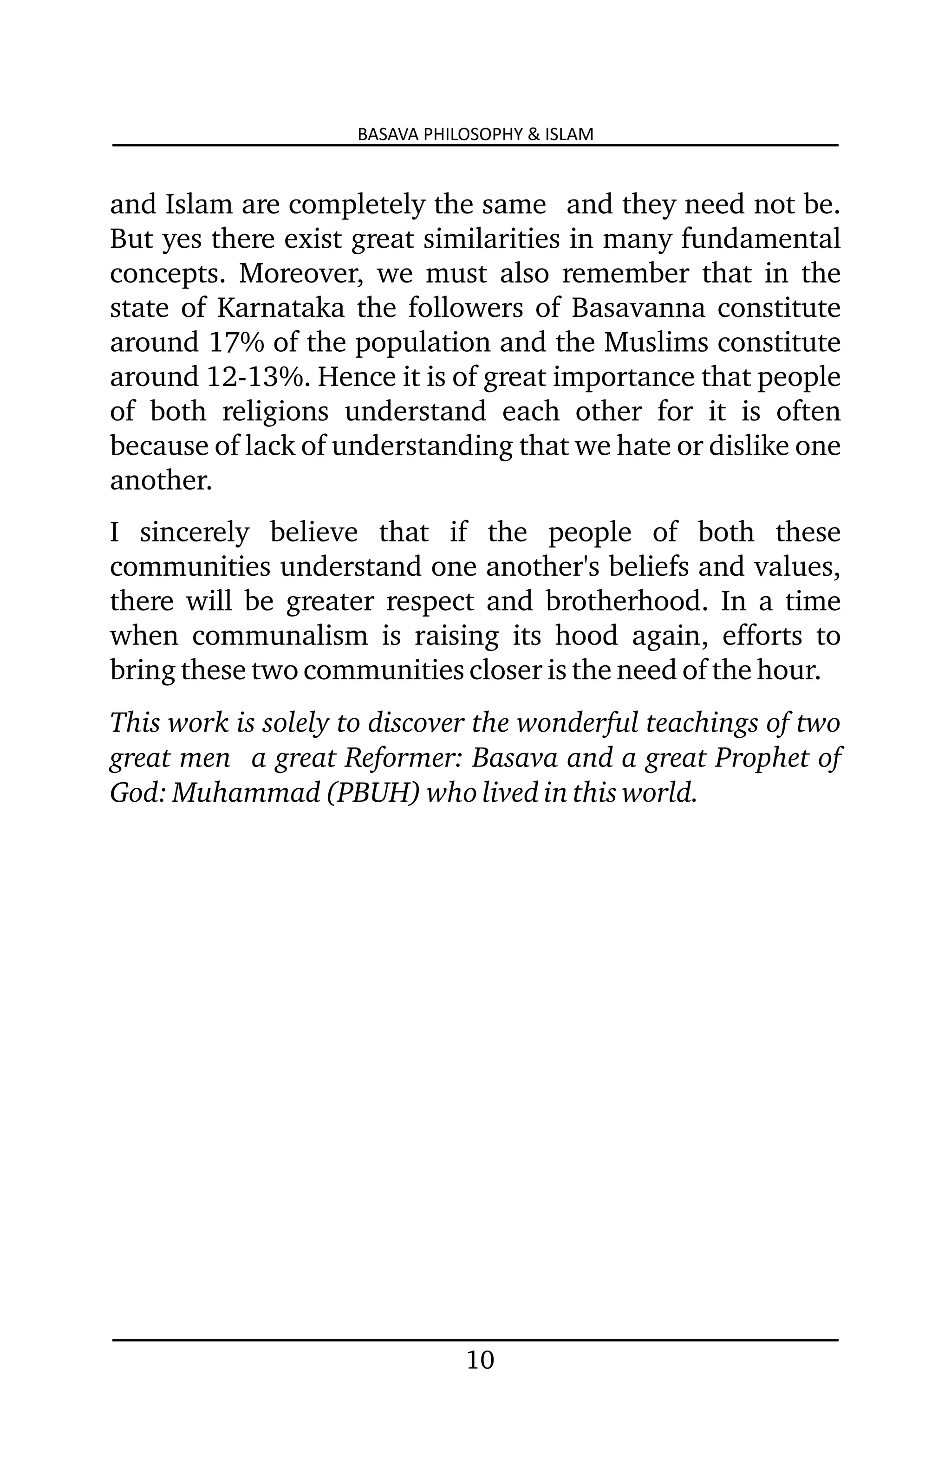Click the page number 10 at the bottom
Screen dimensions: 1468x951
click(x=480, y=1360)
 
